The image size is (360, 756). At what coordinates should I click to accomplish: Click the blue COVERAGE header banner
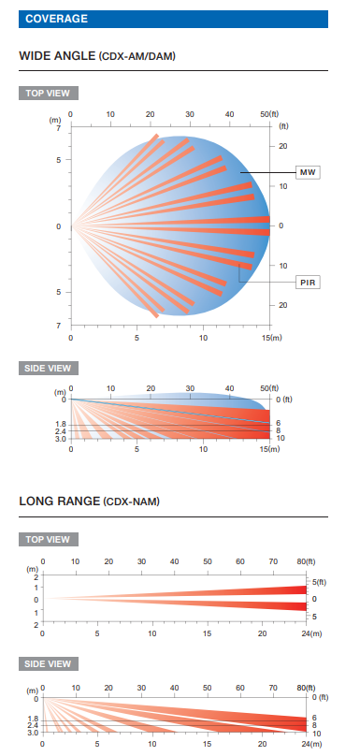173,19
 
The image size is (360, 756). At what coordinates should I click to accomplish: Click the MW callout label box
308,172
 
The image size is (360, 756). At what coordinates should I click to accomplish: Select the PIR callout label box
308,283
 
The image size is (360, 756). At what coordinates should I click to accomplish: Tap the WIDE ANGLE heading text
57,56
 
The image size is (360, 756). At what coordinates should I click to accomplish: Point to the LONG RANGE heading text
59,501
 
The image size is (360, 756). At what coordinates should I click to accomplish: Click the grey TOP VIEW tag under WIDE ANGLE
49,93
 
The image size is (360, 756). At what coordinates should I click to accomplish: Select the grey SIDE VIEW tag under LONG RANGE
49,664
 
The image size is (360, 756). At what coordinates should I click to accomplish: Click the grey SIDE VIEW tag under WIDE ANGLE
49,369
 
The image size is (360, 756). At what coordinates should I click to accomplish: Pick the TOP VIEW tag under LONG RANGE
49,540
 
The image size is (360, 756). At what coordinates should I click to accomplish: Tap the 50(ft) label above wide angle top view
270,114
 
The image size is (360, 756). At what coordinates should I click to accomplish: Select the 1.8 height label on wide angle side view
61,424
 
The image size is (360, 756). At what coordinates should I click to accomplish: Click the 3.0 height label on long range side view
33,732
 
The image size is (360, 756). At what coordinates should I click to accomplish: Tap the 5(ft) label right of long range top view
318,582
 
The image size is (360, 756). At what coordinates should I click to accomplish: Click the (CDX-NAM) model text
131,502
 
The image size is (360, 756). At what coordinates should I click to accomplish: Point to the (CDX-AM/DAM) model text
137,57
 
